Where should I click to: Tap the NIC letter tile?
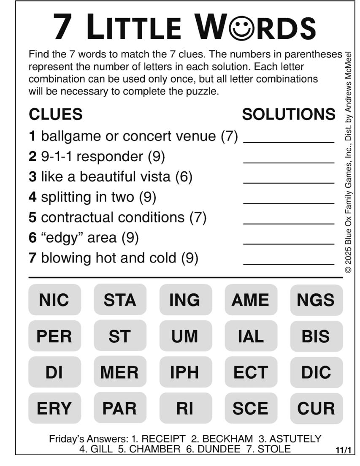click(54, 300)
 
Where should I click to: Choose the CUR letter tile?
click(316, 408)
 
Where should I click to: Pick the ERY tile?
click(54, 408)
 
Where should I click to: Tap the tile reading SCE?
click(250, 408)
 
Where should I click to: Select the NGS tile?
click(316, 300)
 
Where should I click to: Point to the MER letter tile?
click(119, 372)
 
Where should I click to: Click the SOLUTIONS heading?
click(289, 114)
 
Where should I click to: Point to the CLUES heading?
click(55, 114)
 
